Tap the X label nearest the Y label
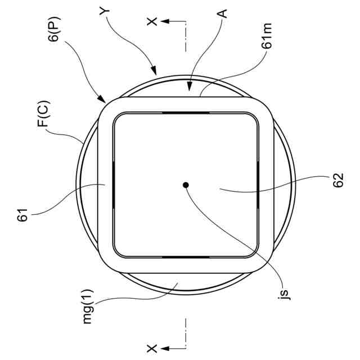click(151, 21)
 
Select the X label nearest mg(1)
click(151, 348)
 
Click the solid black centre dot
click(186, 184)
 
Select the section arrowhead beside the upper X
click(164, 21)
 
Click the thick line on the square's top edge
click(186, 112)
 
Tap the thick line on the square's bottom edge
click(186, 256)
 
